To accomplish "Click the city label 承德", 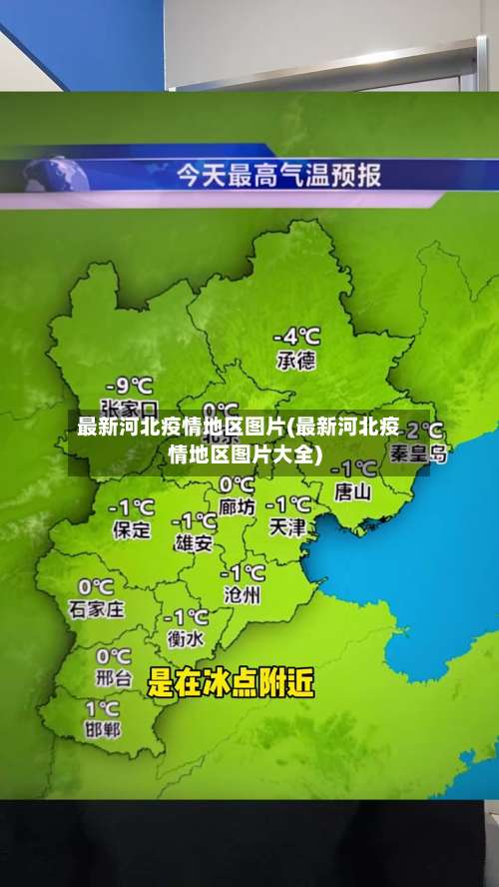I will pos(295,361).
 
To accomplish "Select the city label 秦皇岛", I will pos(418,454).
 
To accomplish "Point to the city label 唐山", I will pos(352,490).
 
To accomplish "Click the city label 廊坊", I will pos(238,507).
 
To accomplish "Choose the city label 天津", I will pos(287,526).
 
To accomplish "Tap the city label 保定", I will pos(132,530).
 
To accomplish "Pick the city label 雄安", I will pos(193,543).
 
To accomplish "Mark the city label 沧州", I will pos(242,595).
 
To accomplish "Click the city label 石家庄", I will pos(96,608).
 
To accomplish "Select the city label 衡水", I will pos(185,639).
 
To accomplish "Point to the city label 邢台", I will pos(113,678).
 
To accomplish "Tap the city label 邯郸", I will pos(101,728).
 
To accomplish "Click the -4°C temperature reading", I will pos(297,336).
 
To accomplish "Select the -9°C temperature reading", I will pos(130,385).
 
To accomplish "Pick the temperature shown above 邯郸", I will pos(103,706).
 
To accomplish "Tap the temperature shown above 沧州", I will pos(243,572).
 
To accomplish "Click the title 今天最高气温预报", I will pos(278,176).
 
